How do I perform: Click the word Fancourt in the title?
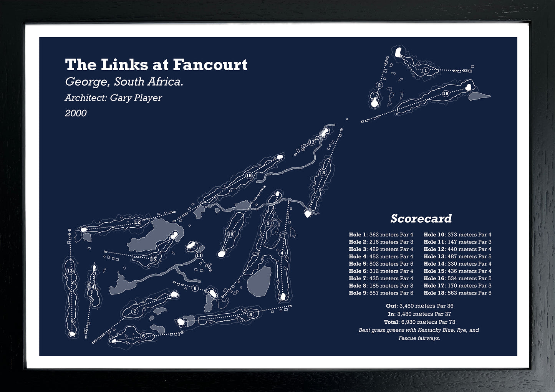tap(210, 65)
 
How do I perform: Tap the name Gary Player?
tap(136, 98)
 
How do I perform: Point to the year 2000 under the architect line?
tap(76, 113)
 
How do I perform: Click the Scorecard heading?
tap(421, 218)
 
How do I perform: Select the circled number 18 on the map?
tap(446, 93)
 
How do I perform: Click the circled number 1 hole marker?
tap(426, 70)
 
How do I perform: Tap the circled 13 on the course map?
tap(70, 271)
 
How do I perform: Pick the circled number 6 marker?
tap(144, 336)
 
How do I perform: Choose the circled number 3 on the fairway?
tap(323, 173)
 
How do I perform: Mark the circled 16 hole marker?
tap(249, 175)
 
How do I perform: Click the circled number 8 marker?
tap(195, 288)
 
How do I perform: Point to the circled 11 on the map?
tap(199, 255)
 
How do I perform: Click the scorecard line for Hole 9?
tap(381, 293)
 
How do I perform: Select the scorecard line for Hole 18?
tap(457, 293)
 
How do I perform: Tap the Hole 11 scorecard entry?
tap(457, 241)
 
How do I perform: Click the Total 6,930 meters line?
tap(419, 322)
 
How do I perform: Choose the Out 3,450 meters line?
tap(419, 306)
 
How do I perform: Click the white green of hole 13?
tap(72, 334)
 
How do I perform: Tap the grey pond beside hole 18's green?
tap(479, 96)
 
